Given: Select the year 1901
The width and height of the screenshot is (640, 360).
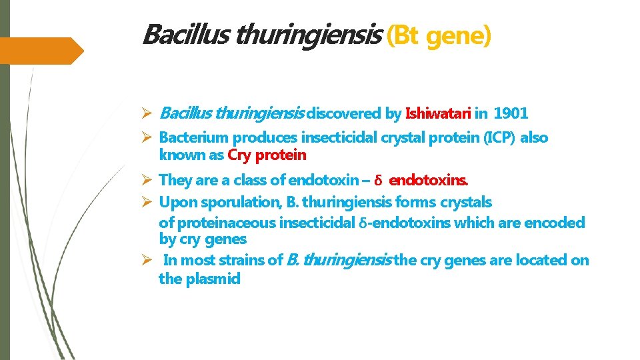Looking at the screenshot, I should [511, 113].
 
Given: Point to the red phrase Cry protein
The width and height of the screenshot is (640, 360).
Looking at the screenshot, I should [267, 155].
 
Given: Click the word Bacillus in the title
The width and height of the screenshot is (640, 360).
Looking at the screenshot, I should [175, 34].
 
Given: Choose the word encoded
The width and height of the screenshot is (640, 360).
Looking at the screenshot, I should [553, 223].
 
